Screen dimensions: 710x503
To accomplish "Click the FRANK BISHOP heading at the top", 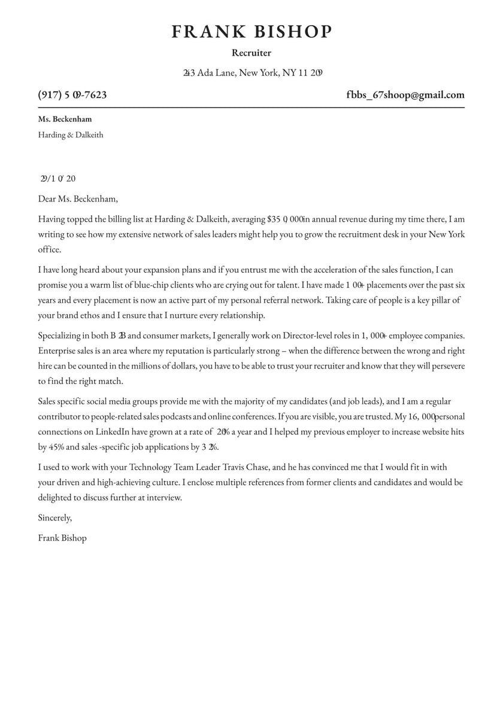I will click(x=251, y=32).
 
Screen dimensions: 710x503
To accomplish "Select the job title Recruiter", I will click(x=251, y=53).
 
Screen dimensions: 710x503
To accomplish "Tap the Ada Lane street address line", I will click(x=253, y=73).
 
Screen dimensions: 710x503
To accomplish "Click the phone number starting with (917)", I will click(x=72, y=95).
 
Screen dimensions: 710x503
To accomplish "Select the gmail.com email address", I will click(x=405, y=95).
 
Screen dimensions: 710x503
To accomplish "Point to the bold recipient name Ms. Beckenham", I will click(x=65, y=119).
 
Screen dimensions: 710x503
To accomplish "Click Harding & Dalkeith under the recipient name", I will click(x=71, y=135).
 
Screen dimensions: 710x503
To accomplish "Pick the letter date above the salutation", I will click(x=57, y=178).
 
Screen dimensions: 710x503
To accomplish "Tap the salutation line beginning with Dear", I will click(x=78, y=199).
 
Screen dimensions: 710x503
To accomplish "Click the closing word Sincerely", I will click(x=54, y=517).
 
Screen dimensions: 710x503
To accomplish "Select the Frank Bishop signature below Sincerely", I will click(x=62, y=538).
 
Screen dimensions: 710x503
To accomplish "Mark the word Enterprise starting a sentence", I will click(x=57, y=351).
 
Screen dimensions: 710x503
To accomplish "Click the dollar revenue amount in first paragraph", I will click(x=286, y=219).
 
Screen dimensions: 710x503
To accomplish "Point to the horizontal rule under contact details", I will click(x=251, y=107).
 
